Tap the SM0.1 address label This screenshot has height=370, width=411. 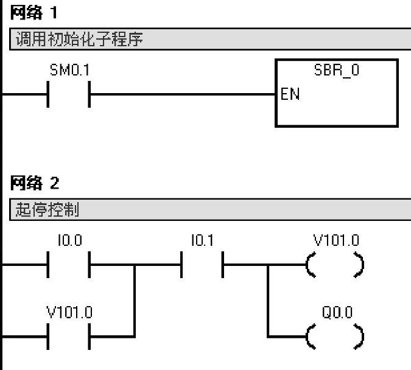click(x=69, y=71)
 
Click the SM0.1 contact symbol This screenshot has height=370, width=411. click(x=69, y=95)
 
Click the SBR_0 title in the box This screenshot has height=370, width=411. click(x=337, y=71)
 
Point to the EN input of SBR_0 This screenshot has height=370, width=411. click(x=290, y=96)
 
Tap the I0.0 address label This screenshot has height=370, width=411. click(x=69, y=241)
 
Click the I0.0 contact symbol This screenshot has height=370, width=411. click(x=69, y=265)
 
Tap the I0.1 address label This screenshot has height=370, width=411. click(x=202, y=241)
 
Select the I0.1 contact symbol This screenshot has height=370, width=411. click(x=202, y=265)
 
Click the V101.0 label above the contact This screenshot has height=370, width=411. click(x=70, y=313)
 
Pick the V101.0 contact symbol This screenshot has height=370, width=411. click(x=69, y=336)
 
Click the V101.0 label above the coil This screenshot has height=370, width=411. click(x=337, y=241)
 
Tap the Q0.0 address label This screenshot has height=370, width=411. click(x=337, y=313)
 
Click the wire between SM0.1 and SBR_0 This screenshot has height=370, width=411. click(x=183, y=95)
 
